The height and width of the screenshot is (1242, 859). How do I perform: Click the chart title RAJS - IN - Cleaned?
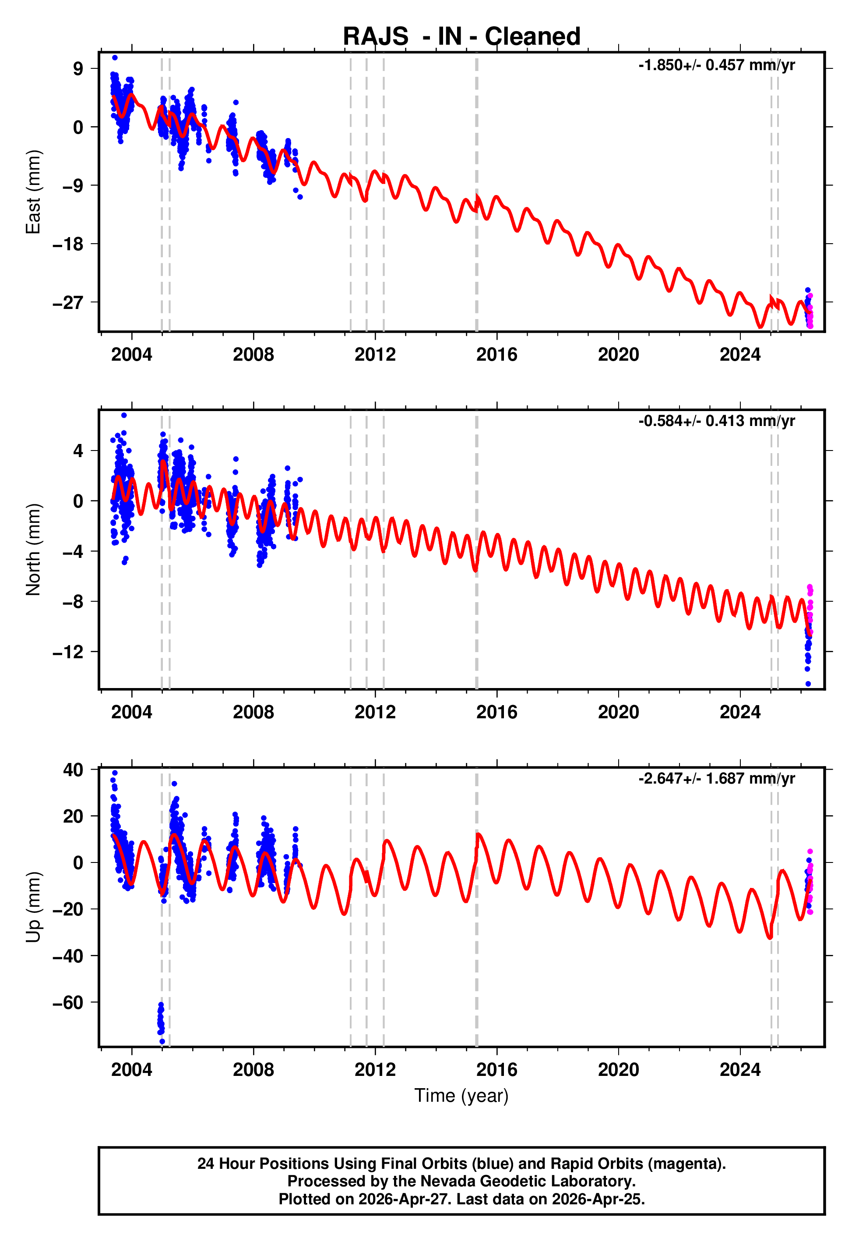461,37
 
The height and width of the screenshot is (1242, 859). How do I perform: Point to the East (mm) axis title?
33,192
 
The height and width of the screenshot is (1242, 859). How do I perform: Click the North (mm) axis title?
33,550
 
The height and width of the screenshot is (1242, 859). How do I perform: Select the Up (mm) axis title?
33,907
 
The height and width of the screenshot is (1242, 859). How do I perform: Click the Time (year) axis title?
461,1096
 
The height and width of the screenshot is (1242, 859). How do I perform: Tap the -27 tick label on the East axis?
68,303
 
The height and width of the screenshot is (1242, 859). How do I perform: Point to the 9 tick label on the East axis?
78,68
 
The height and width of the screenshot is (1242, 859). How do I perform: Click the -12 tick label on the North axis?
68,652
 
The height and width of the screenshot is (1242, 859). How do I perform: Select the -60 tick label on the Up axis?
68,1002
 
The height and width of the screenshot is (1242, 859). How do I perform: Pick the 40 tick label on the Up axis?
73,770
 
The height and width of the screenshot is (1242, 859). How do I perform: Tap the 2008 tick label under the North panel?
253,712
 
